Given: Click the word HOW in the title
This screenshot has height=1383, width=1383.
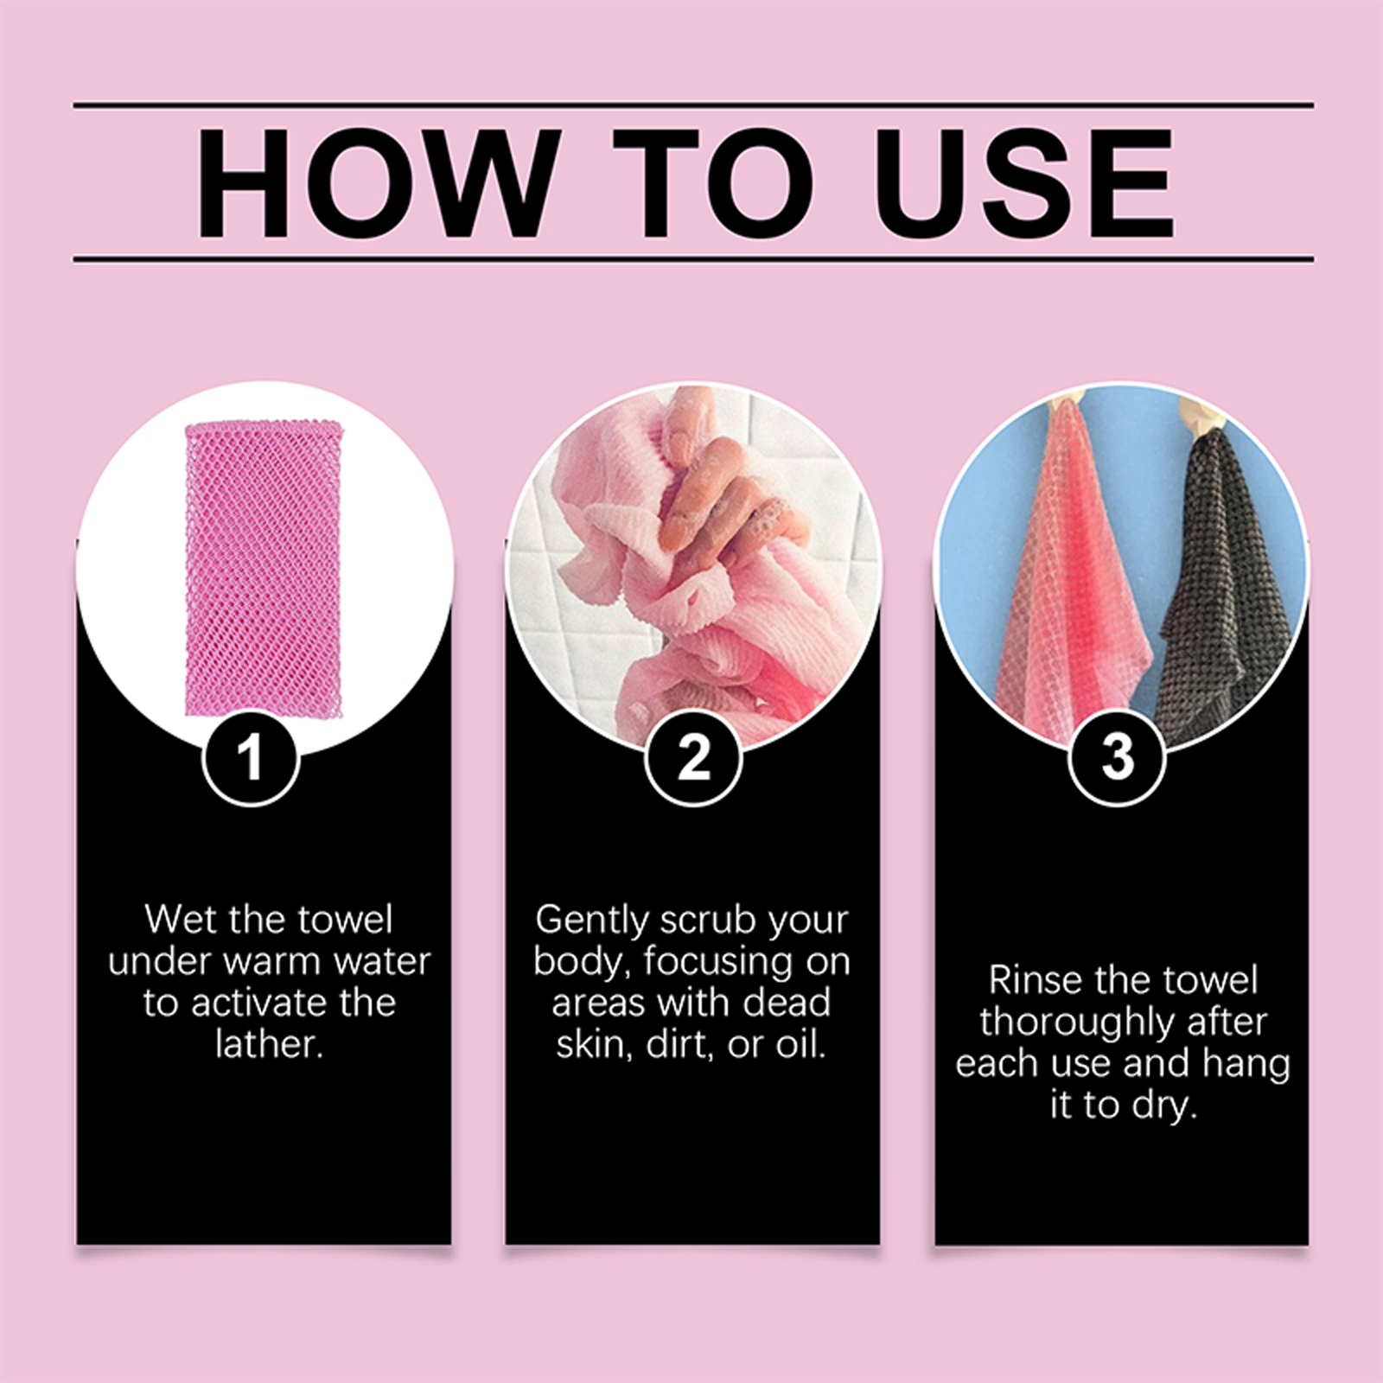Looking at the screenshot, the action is point(375,182).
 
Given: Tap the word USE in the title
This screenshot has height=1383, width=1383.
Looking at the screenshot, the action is point(1025,182).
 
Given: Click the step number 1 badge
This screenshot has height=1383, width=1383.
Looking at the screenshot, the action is point(252,758).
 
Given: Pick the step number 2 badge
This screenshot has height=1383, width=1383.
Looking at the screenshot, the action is point(693,758).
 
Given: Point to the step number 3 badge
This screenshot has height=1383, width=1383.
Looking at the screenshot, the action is point(1118,757).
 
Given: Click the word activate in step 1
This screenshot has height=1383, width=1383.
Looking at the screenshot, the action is point(261,1003).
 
